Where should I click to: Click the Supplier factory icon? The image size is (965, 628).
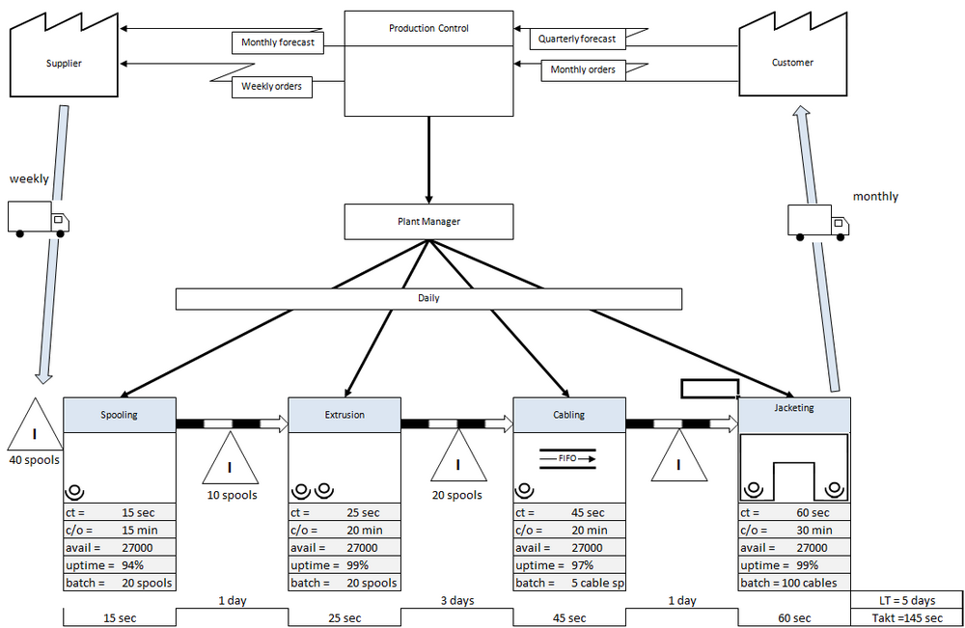coord(64,62)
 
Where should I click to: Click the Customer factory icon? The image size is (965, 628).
coord(792,62)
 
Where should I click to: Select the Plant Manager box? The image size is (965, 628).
coord(428,222)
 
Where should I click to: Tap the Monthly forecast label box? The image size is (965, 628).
coord(278,42)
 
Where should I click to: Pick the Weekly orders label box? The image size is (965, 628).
coord(271,87)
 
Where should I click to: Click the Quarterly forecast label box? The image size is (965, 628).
coord(577,39)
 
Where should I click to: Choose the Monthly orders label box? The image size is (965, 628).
coord(583,70)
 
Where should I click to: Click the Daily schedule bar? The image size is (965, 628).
coord(428,298)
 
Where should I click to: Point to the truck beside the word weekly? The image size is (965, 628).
coord(39,219)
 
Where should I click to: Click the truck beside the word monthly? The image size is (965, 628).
coord(818,223)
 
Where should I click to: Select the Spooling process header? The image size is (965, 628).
coord(120,415)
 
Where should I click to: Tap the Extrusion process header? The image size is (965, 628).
coord(345,415)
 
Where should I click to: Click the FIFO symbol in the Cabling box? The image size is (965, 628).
coord(568,458)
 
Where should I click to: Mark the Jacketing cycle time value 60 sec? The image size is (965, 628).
coord(813,513)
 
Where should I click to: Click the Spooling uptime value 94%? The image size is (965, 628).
coord(132,565)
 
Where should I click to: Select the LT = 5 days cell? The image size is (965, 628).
coord(907,600)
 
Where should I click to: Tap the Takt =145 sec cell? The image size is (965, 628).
coord(907,617)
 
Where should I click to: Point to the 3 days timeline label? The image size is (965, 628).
coord(457,600)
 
